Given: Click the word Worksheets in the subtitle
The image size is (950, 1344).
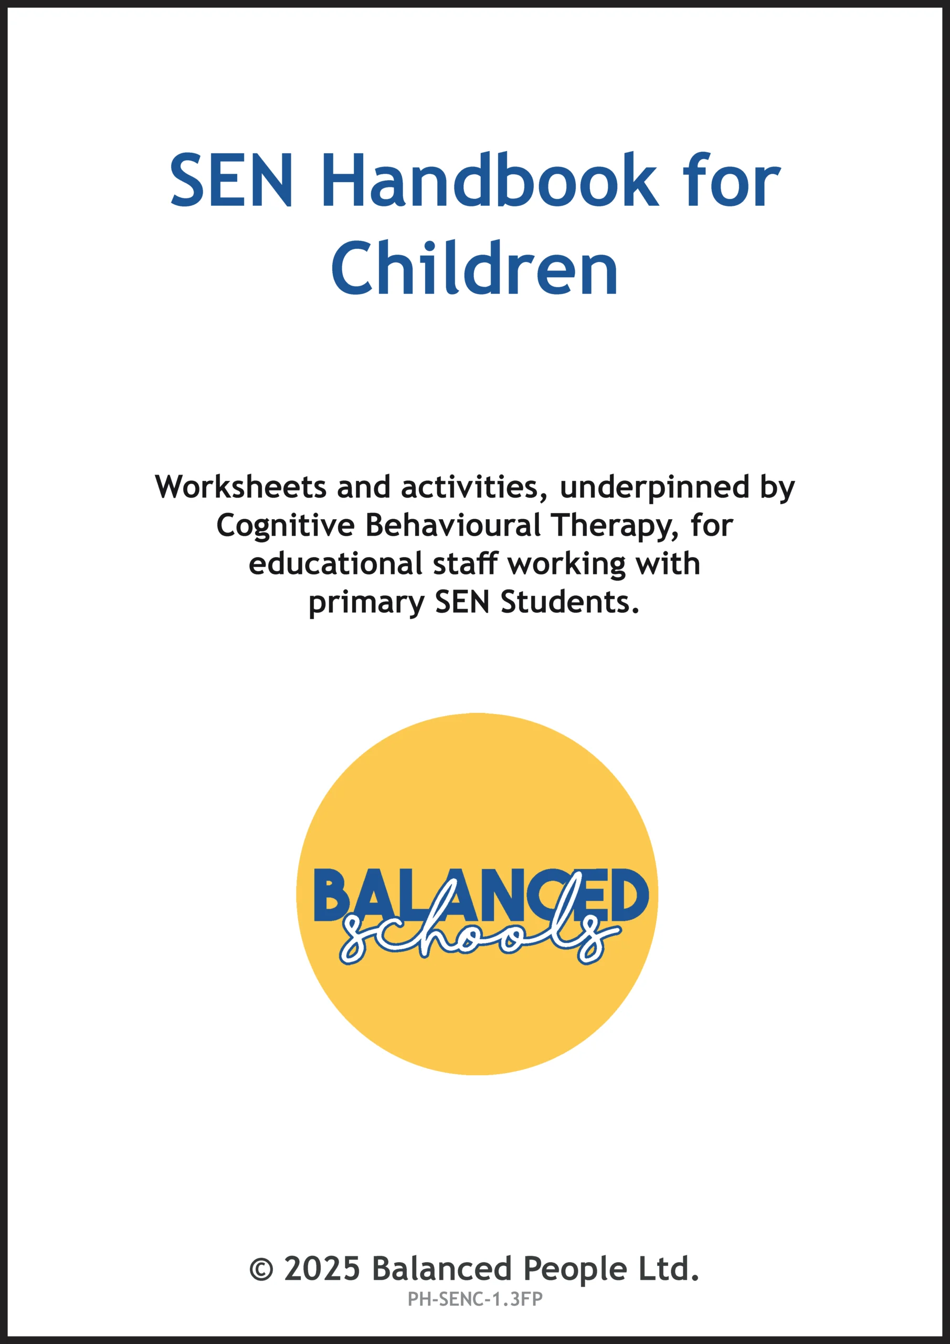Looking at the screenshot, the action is pos(240,487).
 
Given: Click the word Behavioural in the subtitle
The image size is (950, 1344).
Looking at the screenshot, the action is pos(452,525).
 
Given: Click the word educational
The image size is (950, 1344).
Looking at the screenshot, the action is pos(335,564).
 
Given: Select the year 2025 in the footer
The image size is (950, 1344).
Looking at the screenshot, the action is pos(322,1268).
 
